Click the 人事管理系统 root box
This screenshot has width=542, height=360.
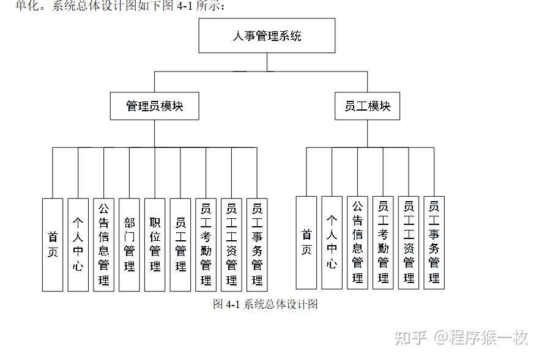[267, 35]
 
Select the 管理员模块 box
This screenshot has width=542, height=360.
[154, 106]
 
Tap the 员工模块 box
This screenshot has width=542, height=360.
[367, 106]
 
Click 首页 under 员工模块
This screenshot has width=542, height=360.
[306, 243]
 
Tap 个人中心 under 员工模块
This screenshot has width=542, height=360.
[332, 243]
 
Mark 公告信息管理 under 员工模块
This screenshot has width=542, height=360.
[358, 243]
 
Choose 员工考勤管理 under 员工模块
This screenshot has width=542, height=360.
[383, 243]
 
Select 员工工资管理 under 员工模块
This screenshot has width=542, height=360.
[409, 243]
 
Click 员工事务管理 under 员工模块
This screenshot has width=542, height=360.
[434, 243]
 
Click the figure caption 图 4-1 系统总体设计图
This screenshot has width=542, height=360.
[265, 304]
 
